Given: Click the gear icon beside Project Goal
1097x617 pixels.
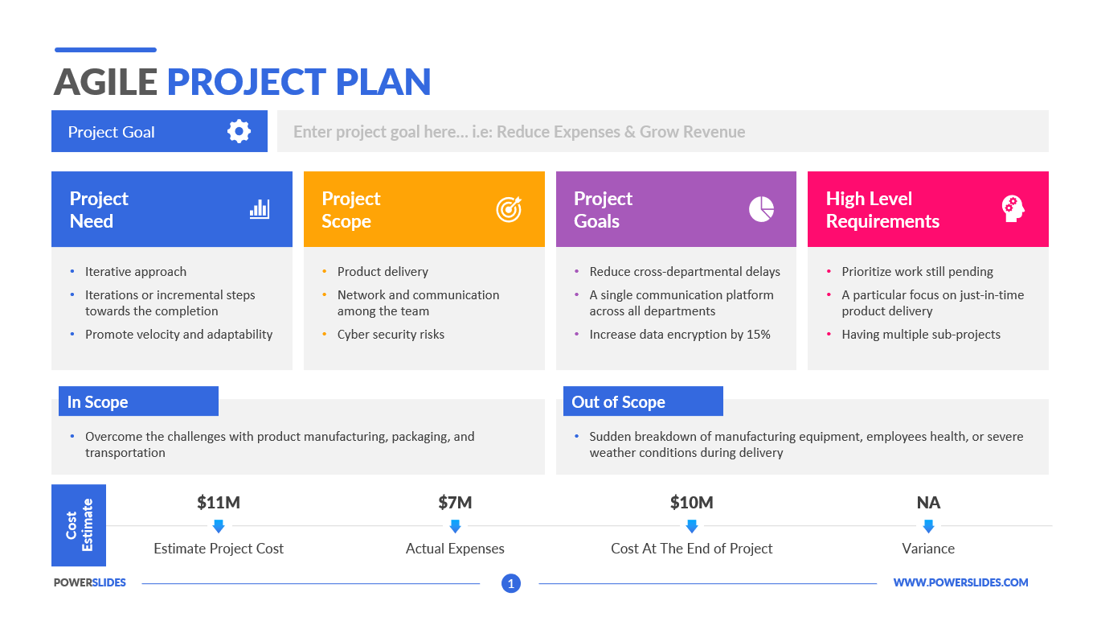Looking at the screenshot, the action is (239, 131).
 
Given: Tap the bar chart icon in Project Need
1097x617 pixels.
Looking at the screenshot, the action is (260, 209).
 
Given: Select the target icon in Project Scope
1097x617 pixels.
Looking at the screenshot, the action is (509, 209).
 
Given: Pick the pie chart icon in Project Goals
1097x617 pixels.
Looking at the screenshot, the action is (762, 209).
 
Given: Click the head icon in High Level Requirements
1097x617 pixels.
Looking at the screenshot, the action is (1013, 209).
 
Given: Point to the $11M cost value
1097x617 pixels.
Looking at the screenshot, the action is (219, 502).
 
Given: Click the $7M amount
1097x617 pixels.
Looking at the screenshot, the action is (455, 502).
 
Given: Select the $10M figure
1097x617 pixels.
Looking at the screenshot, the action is (691, 502).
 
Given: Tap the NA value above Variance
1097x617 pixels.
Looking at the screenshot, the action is (928, 502).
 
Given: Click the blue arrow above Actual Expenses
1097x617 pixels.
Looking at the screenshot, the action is (455, 526).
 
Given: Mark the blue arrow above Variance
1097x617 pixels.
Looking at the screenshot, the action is (928, 526).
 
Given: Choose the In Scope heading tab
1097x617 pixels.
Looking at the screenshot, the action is (138, 401).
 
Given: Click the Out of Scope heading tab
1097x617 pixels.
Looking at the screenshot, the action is (643, 401).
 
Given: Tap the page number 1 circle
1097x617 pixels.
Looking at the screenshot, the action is (511, 583).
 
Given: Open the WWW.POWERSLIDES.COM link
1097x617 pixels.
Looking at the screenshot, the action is (960, 582).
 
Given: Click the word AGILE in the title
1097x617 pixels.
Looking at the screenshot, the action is (105, 82).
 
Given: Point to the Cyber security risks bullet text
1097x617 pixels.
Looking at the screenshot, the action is (391, 334).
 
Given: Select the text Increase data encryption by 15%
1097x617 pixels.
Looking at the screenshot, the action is (680, 334).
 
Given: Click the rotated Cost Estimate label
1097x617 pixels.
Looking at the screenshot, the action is (80, 524).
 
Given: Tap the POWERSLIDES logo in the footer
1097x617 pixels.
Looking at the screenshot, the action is (90, 582).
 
